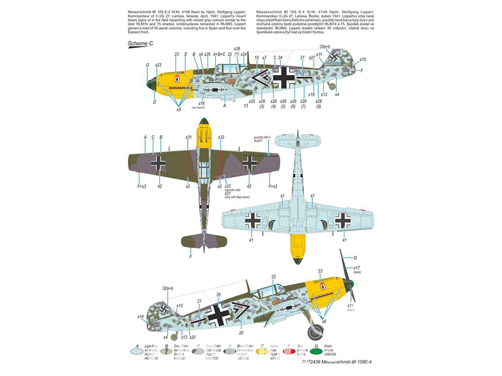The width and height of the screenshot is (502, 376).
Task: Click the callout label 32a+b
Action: pos(168,288)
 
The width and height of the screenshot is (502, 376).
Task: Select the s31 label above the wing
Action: pos(189,137)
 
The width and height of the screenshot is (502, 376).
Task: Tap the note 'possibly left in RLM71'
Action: pos(262,139)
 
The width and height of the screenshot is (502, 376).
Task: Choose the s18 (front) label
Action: pos(350,307)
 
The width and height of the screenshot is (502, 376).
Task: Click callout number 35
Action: pos(218,295)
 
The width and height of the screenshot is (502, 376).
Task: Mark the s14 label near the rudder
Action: pos(141,316)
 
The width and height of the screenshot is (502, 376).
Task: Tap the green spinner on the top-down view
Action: pos(203,122)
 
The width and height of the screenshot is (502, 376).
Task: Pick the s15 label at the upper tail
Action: pos(363,59)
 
